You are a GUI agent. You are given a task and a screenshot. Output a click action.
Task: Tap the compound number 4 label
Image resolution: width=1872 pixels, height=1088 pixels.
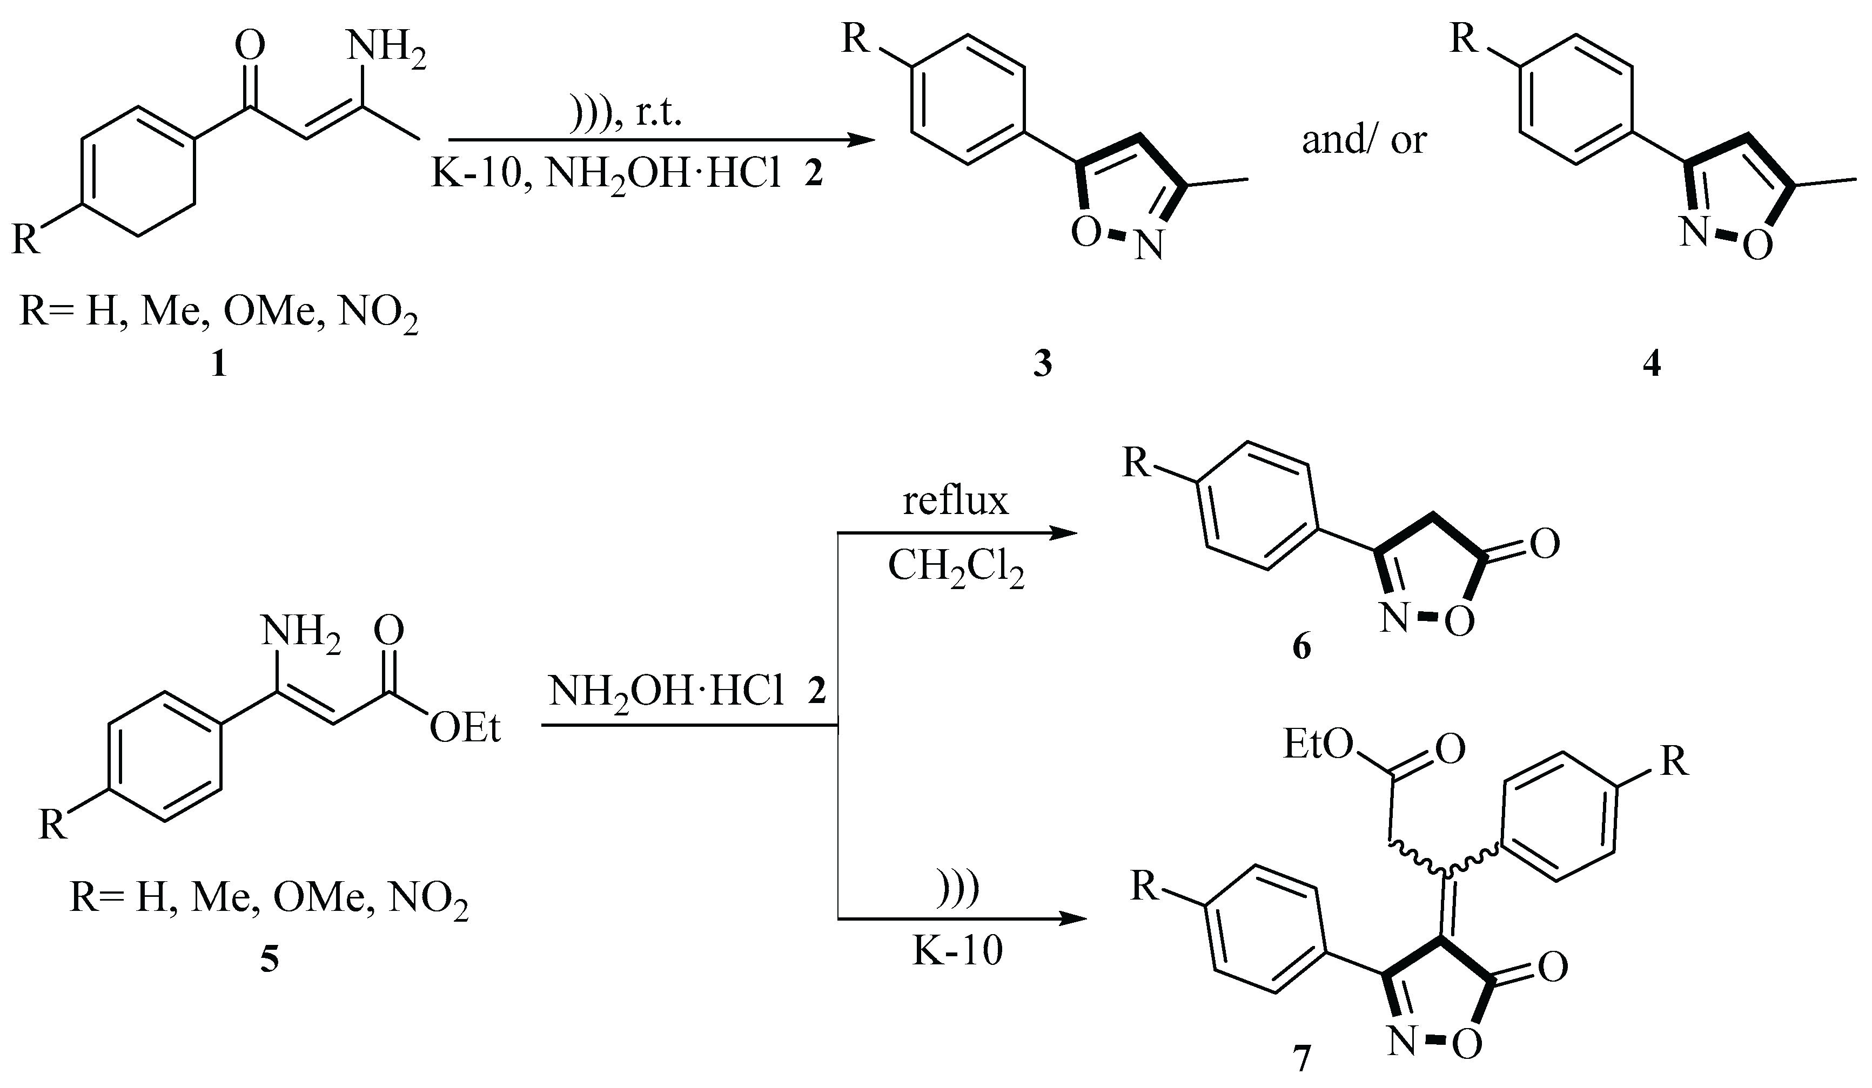(x=1652, y=364)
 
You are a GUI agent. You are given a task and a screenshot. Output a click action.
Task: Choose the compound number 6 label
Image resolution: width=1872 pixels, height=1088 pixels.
(x=1302, y=647)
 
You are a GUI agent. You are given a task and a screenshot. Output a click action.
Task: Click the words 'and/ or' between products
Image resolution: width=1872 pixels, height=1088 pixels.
(x=1364, y=140)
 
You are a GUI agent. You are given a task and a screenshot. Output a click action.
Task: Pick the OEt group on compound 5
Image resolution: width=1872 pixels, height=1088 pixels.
(x=465, y=728)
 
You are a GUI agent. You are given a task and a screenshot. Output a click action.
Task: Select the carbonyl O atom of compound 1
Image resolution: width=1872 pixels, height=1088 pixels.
(x=250, y=45)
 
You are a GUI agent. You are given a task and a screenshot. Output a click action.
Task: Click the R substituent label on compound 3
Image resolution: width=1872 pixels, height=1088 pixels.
(x=856, y=39)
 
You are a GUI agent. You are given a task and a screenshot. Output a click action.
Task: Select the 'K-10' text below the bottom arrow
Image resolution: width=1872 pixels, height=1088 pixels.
(x=957, y=951)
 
